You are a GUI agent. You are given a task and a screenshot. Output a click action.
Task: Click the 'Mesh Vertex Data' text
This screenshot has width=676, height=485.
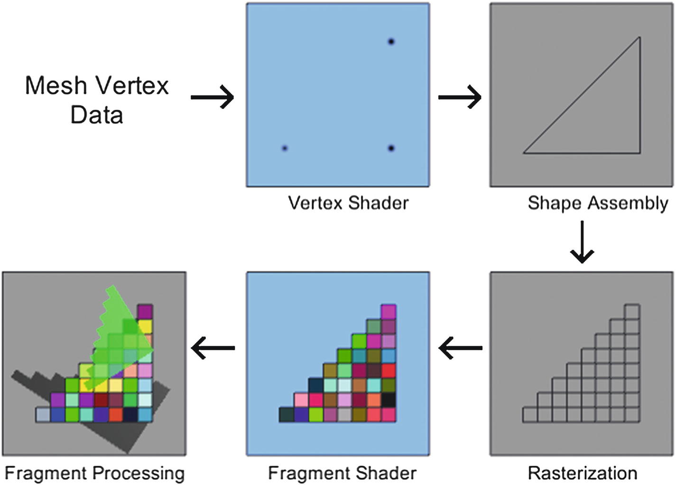point(97,100)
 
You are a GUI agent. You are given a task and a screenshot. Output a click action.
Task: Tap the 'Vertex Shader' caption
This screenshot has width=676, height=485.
point(348,203)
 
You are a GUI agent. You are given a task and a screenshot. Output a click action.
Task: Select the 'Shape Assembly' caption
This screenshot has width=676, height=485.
point(598,203)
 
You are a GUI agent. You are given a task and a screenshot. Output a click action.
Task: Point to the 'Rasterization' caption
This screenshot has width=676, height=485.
point(583,473)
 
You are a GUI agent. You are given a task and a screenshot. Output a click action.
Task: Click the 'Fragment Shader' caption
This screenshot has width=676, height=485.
point(342,473)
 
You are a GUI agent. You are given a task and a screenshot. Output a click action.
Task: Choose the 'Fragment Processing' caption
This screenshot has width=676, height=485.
point(94,473)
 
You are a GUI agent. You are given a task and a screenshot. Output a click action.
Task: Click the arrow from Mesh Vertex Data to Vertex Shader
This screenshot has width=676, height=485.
point(212,97)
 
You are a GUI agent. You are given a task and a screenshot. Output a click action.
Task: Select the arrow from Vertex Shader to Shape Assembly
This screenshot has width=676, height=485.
point(460,97)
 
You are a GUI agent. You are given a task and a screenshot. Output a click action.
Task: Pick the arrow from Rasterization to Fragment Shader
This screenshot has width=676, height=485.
point(460,348)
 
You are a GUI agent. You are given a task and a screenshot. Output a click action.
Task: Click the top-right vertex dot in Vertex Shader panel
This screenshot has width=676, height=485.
point(391,42)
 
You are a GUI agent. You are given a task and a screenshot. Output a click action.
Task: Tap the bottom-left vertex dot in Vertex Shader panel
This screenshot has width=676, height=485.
point(285,148)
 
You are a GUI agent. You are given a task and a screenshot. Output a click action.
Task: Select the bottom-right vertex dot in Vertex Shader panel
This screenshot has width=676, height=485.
point(391,148)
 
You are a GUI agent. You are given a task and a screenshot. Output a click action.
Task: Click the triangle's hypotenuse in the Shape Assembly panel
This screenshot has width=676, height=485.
point(582,95)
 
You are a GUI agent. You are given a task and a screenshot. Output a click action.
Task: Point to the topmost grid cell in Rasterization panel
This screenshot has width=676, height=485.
point(632,312)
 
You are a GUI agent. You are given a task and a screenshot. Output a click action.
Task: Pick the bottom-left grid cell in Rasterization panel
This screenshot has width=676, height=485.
point(530,415)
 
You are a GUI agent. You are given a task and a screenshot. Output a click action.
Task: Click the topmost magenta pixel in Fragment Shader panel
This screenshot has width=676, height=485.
point(389,312)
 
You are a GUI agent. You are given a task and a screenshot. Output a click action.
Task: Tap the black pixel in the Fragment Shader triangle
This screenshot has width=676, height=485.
point(389,400)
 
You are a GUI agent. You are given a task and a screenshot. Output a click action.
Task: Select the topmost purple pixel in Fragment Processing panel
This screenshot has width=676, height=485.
point(145,312)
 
